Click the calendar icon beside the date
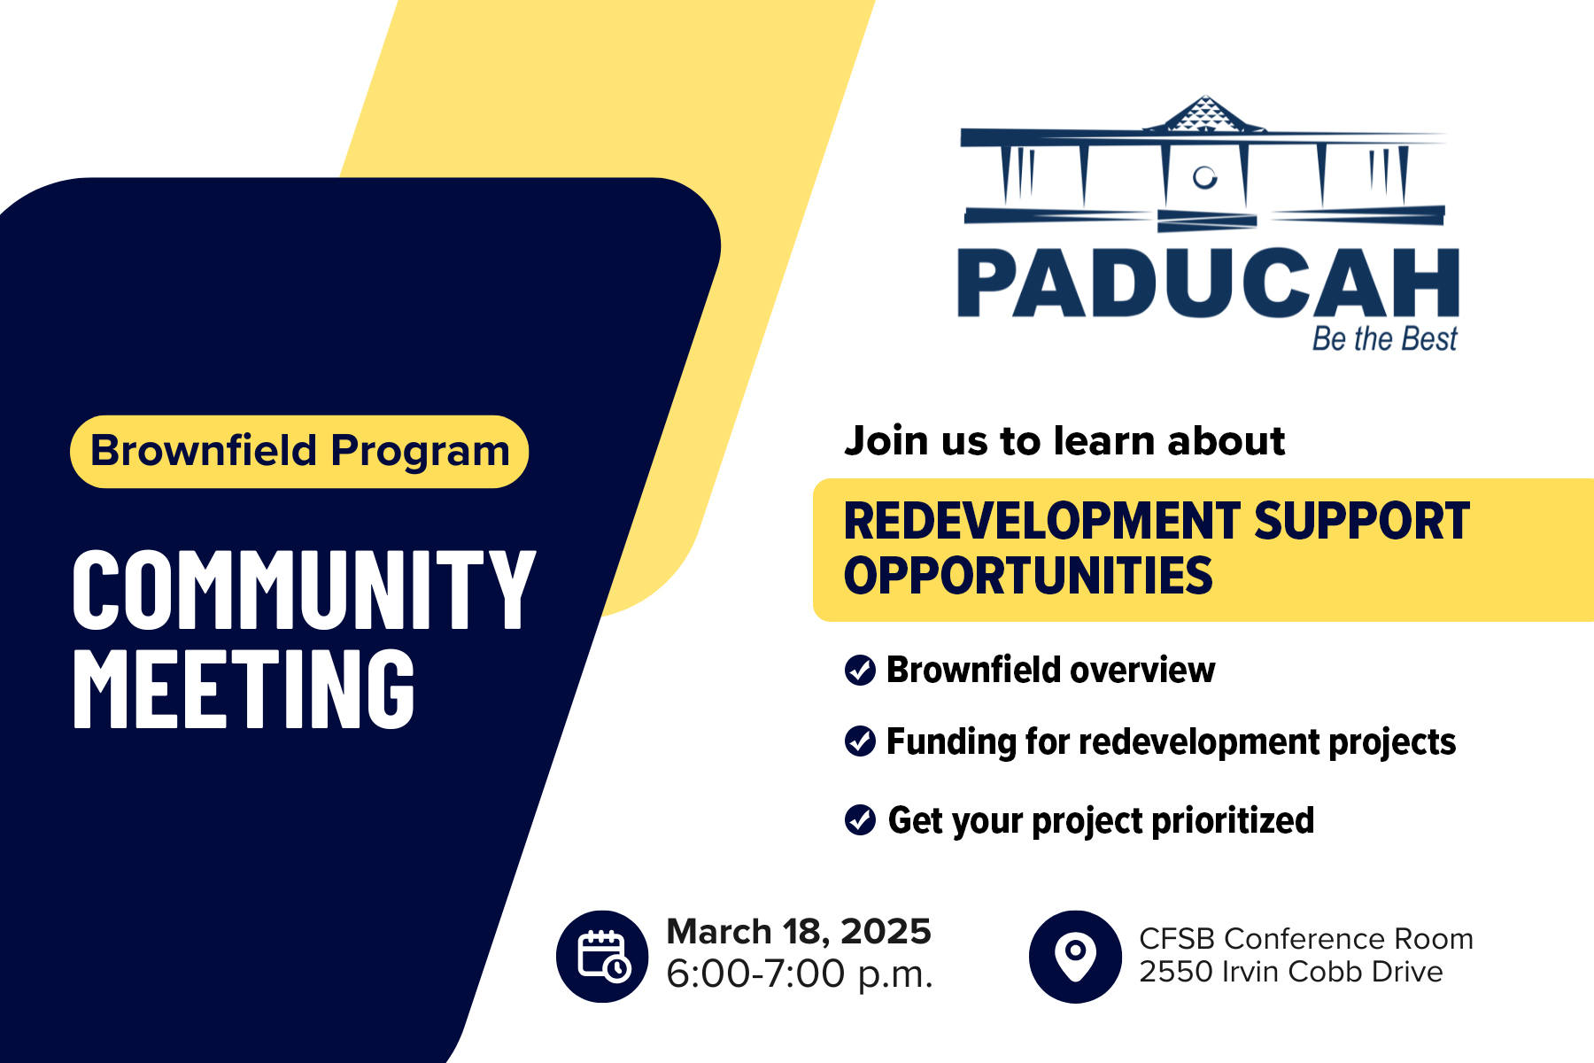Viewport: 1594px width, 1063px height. click(x=602, y=957)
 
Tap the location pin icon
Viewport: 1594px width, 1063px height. click(x=1075, y=957)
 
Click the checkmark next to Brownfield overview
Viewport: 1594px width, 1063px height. click(x=860, y=671)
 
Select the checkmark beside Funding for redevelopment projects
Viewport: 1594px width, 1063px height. click(x=860, y=741)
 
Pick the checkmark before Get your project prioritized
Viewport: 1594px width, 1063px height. click(x=860, y=820)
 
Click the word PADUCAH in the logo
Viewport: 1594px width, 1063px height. click(x=1208, y=283)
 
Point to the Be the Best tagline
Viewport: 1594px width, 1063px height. click(x=1384, y=339)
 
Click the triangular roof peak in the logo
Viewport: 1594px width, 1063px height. click(x=1204, y=115)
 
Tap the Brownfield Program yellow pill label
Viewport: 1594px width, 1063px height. click(x=299, y=451)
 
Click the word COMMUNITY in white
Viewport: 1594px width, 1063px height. click(x=304, y=590)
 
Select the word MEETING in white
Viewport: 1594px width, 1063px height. click(x=244, y=689)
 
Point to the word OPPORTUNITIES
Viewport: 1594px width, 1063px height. click(x=1027, y=576)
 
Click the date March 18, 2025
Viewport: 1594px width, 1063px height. click(x=798, y=932)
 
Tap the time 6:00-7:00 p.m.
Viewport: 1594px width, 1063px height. click(x=800, y=974)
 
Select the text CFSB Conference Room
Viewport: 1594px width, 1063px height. click(x=1306, y=939)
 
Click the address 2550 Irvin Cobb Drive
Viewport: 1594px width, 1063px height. click(x=1290, y=972)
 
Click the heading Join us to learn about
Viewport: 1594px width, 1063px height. click(x=1064, y=441)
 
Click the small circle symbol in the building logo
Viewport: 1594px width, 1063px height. click(x=1204, y=177)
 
